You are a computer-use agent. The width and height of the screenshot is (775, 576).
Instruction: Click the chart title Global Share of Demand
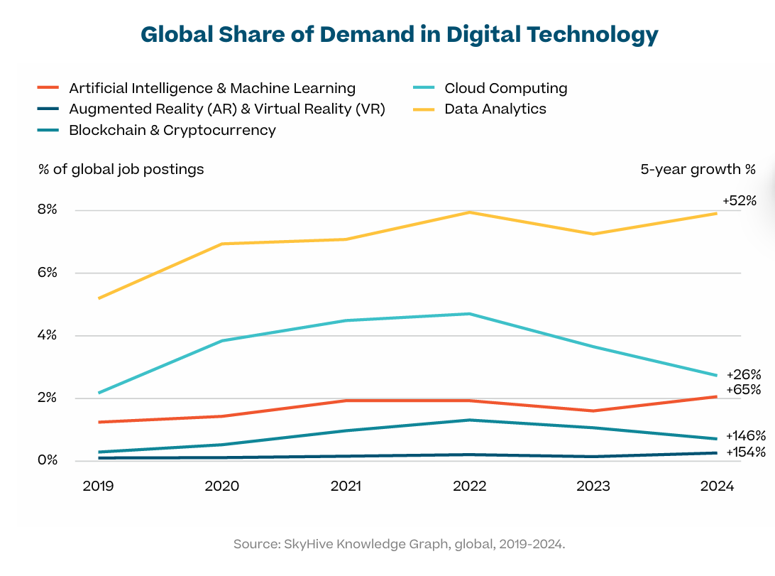(x=399, y=34)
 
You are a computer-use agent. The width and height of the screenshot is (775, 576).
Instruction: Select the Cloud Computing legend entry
(x=505, y=88)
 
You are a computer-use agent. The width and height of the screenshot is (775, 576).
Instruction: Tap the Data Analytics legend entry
(x=495, y=109)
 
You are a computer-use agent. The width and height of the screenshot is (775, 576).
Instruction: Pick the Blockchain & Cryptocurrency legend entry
(x=172, y=130)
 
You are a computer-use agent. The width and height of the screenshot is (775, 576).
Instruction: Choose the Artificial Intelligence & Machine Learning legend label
(x=212, y=88)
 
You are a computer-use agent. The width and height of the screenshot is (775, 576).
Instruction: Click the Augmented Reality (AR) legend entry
(x=226, y=109)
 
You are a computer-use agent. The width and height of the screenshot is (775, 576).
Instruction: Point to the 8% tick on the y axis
(x=48, y=210)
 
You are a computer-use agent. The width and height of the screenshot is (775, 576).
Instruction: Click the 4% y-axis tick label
(x=48, y=335)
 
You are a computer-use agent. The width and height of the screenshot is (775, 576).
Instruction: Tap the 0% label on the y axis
(x=48, y=460)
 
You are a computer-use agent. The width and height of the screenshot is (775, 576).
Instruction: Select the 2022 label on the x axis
(x=469, y=486)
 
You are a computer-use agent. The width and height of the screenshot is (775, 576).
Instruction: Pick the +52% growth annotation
(x=740, y=201)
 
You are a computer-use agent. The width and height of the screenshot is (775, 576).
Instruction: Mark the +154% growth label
(x=745, y=452)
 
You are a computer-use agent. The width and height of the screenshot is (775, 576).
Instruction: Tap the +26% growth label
(x=743, y=374)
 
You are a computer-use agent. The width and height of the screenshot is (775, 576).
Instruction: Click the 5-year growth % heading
(x=698, y=170)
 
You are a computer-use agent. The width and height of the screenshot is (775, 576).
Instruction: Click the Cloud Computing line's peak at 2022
(x=469, y=314)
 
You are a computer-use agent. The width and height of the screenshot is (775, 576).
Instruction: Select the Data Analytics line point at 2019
(x=99, y=298)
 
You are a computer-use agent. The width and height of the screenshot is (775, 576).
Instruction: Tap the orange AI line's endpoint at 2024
(x=716, y=396)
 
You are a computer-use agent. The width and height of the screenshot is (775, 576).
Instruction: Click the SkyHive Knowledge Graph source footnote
(x=399, y=544)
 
